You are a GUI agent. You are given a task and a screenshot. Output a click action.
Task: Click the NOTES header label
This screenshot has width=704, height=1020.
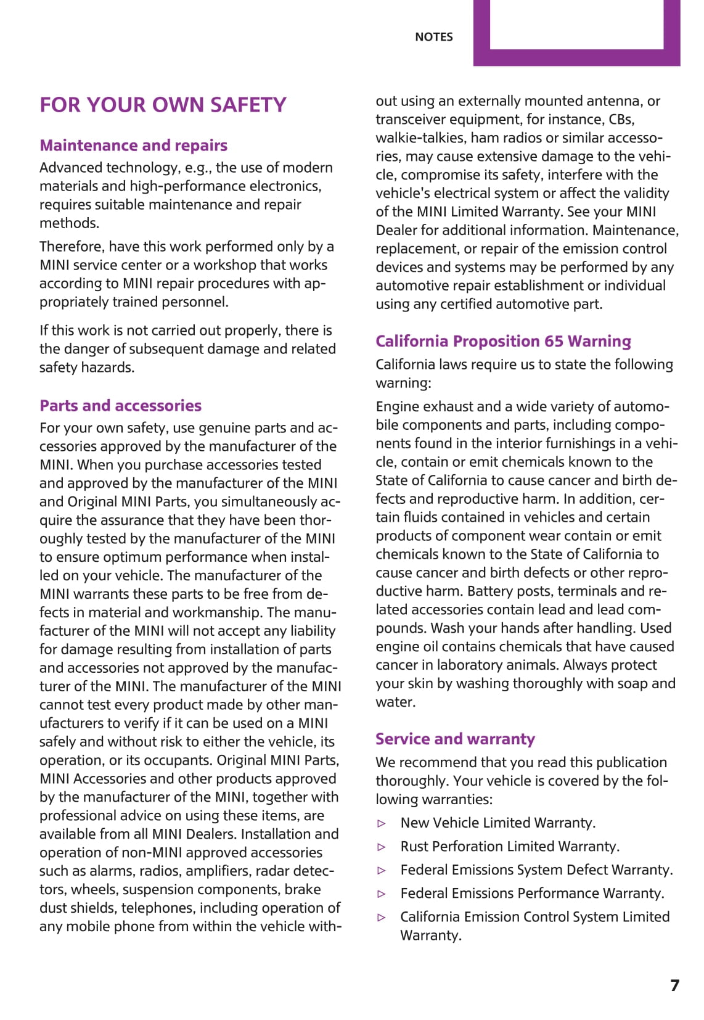tap(433, 37)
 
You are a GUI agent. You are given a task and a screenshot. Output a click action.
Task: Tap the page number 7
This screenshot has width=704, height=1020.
tap(674, 985)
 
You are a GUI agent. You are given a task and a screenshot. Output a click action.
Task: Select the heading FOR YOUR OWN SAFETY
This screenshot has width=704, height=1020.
tap(163, 105)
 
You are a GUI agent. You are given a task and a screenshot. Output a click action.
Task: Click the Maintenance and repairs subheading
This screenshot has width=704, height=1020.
tap(133, 146)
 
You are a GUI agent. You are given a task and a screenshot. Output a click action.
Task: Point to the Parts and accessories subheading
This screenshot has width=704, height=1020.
tap(120, 406)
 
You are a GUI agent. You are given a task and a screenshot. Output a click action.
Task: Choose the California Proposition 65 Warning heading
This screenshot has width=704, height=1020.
tap(503, 341)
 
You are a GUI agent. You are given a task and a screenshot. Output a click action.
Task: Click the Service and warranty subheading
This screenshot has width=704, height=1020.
tap(455, 739)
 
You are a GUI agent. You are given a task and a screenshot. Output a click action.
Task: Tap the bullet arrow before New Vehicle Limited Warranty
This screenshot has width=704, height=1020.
tap(382, 823)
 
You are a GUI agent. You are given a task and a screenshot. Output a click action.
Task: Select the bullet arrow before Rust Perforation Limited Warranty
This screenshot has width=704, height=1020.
tap(382, 847)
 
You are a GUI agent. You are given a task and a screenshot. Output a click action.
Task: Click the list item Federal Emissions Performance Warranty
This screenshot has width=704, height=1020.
tap(532, 893)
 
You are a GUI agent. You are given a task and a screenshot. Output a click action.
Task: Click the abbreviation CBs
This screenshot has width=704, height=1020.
tap(621, 119)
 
